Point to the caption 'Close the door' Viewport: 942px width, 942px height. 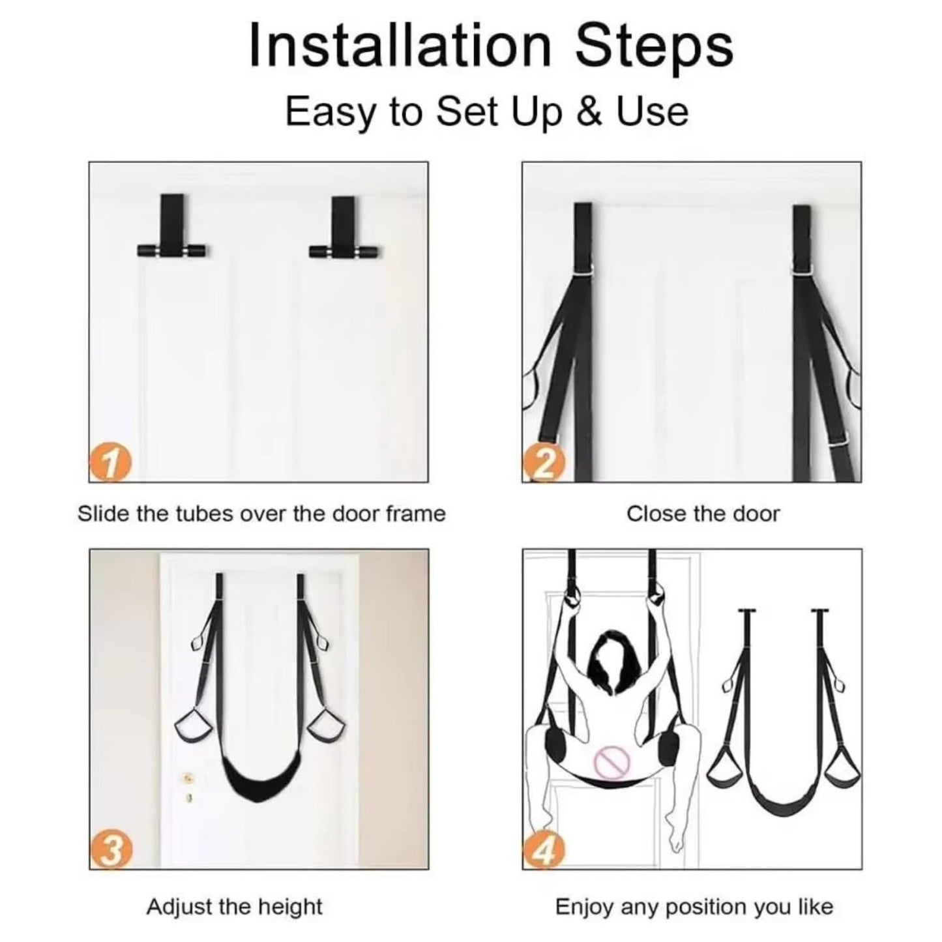click(703, 514)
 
